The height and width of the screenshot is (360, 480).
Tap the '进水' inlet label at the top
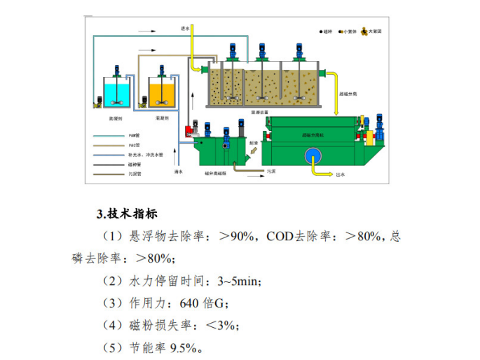[x=186, y=28]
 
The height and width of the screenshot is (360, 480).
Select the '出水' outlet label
[x=341, y=176]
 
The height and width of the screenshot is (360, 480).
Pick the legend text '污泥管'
[x=137, y=173]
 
